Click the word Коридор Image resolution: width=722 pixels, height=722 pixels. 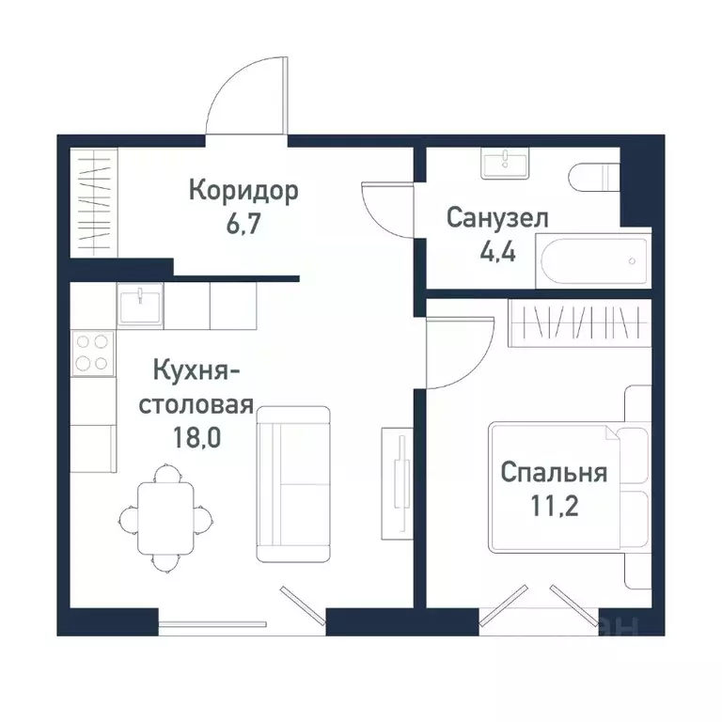243,191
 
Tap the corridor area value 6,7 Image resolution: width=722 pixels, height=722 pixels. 243,226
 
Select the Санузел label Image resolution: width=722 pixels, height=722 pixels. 497,219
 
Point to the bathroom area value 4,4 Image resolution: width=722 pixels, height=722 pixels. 496,253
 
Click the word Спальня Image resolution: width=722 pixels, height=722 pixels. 554,472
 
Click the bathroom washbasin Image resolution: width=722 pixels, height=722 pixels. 508,163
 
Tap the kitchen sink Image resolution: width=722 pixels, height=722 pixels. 140,305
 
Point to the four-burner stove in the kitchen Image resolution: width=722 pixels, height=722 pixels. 92,352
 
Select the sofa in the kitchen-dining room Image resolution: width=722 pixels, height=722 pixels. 293,484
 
